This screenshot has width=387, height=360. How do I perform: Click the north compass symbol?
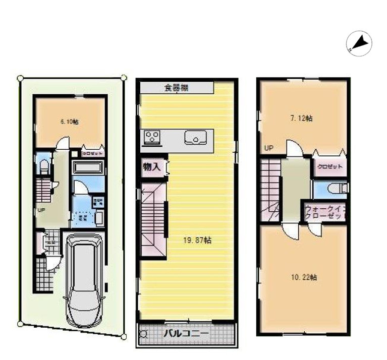pyautogui.click(x=359, y=43)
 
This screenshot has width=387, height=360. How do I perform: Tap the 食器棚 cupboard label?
pyautogui.click(x=176, y=87)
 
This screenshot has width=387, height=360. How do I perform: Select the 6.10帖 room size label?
pyautogui.click(x=69, y=122)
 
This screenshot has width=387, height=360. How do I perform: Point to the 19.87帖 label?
pyautogui.click(x=197, y=241)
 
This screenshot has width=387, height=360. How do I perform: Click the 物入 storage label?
pyautogui.click(x=151, y=167)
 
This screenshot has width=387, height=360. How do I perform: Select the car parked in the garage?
pyautogui.click(x=84, y=280)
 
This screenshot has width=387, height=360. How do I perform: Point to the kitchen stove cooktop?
pyautogui.click(x=152, y=137)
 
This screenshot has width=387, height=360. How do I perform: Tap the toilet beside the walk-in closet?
pyautogui.click(x=336, y=189)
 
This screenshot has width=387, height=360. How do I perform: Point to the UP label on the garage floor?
pyautogui.click(x=40, y=210)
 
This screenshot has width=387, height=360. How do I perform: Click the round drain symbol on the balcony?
pyautogui.click(x=143, y=334)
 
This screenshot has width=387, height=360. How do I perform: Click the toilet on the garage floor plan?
pyautogui.click(x=43, y=166)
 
